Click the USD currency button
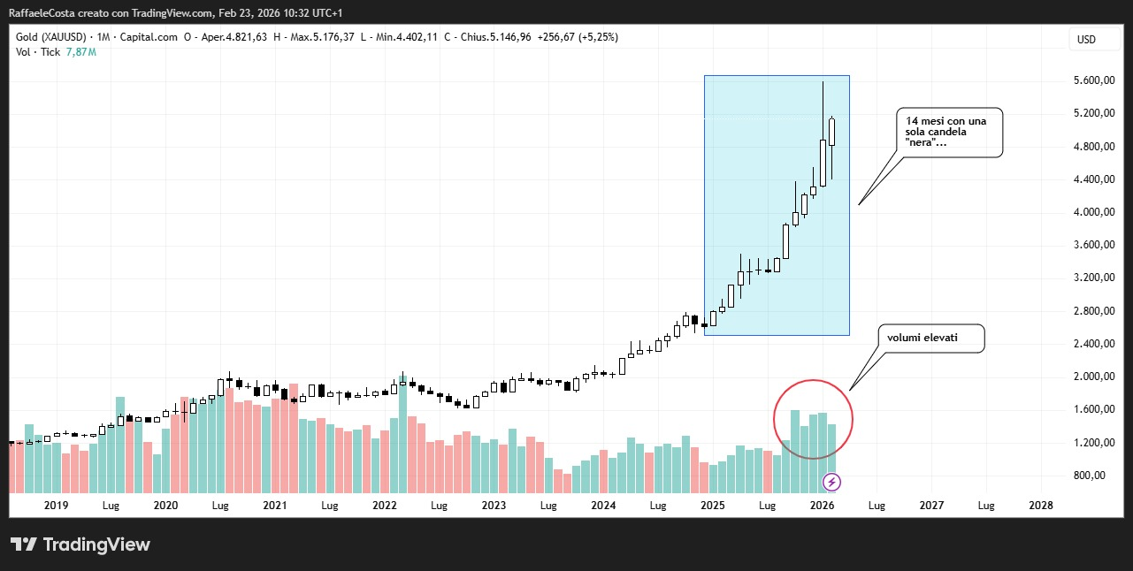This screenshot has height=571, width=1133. (1085, 39)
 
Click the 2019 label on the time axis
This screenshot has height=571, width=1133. (56, 506)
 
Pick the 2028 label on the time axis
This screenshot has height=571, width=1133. (1041, 506)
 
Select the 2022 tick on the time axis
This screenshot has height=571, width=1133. (384, 506)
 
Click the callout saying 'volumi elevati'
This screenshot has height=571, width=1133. (929, 338)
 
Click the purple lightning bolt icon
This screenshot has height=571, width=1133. (831, 482)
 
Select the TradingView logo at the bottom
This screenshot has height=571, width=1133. (80, 544)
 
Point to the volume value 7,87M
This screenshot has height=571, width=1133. (81, 52)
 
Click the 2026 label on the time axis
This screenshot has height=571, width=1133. (822, 506)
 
